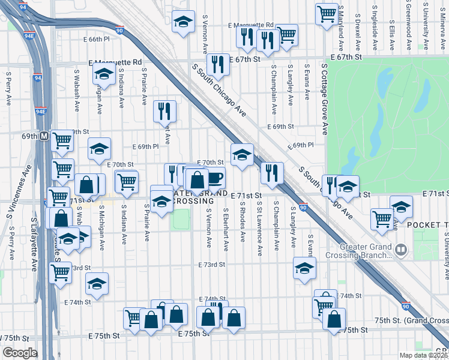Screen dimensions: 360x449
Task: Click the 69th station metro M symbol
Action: click(x=44, y=136)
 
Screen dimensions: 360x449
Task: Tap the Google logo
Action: click(x=20, y=353)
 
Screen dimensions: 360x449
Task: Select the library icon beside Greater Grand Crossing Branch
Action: click(x=400, y=248)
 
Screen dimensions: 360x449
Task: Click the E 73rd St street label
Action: click(x=212, y=264)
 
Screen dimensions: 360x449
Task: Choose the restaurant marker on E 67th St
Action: click(x=218, y=64)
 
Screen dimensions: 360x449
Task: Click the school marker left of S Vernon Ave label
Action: click(x=181, y=22)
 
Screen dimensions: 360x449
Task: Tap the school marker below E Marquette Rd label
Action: click(x=104, y=74)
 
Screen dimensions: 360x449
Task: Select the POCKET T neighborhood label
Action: click(x=427, y=224)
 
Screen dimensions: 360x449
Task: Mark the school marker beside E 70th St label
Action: click(x=242, y=155)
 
